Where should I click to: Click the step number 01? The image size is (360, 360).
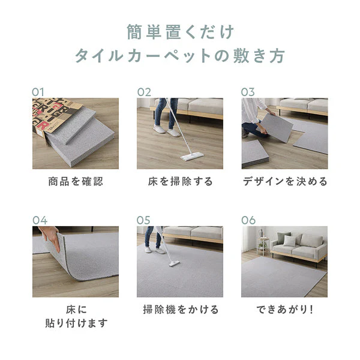tap(38, 92)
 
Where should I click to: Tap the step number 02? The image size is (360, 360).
tap(144, 92)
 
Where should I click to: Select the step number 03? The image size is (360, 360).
tap(248, 92)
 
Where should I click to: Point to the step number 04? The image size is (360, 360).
tap(40, 220)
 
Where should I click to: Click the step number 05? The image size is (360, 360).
tap(143, 220)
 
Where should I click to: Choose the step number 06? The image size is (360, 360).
tap(248, 220)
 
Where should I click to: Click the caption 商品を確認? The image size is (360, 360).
tap(76, 181)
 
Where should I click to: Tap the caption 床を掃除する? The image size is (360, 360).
tap(180, 181)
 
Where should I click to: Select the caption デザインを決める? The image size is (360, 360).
tap(285, 181)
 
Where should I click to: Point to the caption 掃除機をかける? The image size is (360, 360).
tap(181, 310)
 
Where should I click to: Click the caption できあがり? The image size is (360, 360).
tap(284, 310)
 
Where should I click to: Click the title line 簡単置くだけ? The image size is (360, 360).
tap(180, 32)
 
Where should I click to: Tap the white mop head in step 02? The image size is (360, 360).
tap(192, 157)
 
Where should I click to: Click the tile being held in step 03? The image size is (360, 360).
tap(277, 127)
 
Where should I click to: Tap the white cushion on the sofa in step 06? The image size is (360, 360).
tap(289, 241)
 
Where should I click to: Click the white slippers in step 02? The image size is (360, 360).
tap(167, 130)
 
